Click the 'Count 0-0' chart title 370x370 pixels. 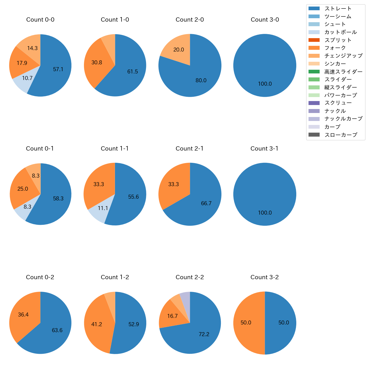(x=40, y=20)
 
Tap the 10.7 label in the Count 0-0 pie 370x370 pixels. (x=27, y=78)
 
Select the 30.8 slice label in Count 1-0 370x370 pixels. (x=97, y=62)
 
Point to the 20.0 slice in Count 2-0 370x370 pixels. (x=178, y=50)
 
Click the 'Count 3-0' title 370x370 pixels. (x=265, y=20)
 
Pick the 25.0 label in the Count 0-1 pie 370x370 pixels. (x=23, y=189)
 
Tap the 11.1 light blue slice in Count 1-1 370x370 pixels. (x=103, y=208)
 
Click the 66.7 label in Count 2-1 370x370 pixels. (x=206, y=203)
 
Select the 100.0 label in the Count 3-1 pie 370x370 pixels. (x=265, y=213)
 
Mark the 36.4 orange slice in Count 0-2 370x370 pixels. (x=23, y=314)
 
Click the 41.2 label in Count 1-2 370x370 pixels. (x=97, y=324)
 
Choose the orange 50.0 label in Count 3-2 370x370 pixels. (x=246, y=322)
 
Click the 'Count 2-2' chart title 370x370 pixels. (x=190, y=277)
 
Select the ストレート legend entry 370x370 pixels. (x=338, y=9)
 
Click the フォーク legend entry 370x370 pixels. (x=335, y=48)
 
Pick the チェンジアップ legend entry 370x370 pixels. (x=343, y=56)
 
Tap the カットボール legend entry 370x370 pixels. (x=340, y=32)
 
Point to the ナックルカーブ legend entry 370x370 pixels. (x=343, y=119)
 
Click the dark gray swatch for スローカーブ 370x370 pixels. (x=314, y=135)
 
